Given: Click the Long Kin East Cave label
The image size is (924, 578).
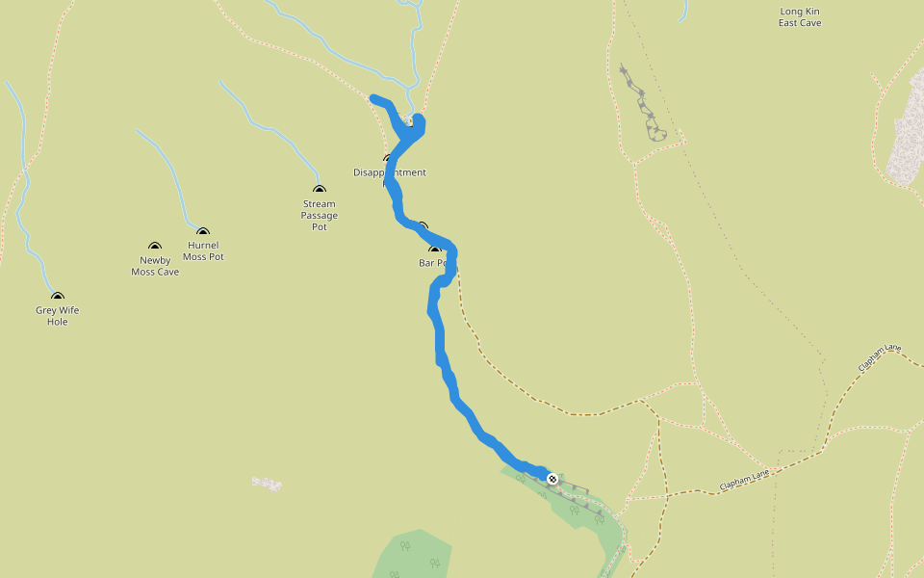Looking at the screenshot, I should [800, 17].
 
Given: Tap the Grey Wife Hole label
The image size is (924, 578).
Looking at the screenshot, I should [58, 316].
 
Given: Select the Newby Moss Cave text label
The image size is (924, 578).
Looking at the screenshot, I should [155, 266].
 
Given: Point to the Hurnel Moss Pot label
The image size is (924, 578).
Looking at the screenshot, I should [203, 250].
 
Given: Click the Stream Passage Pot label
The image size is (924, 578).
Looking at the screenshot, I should [320, 215].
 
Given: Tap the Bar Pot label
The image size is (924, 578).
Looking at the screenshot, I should [432, 262].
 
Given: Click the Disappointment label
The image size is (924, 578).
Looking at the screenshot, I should [389, 173].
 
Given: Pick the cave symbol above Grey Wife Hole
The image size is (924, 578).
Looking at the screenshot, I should [58, 297].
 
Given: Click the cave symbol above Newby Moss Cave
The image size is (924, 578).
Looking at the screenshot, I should [155, 247].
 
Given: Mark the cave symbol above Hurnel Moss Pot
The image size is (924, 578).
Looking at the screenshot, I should [203, 231].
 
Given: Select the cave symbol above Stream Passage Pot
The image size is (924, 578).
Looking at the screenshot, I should [320, 189].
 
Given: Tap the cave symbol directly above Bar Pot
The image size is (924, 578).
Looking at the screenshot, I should [434, 250].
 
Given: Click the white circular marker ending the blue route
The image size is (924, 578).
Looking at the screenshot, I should [552, 479].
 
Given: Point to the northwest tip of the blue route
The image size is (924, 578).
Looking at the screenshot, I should [374, 97].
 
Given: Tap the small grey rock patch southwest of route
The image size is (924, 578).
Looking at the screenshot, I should [267, 483].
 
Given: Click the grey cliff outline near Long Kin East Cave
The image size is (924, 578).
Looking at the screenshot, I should [644, 106].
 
